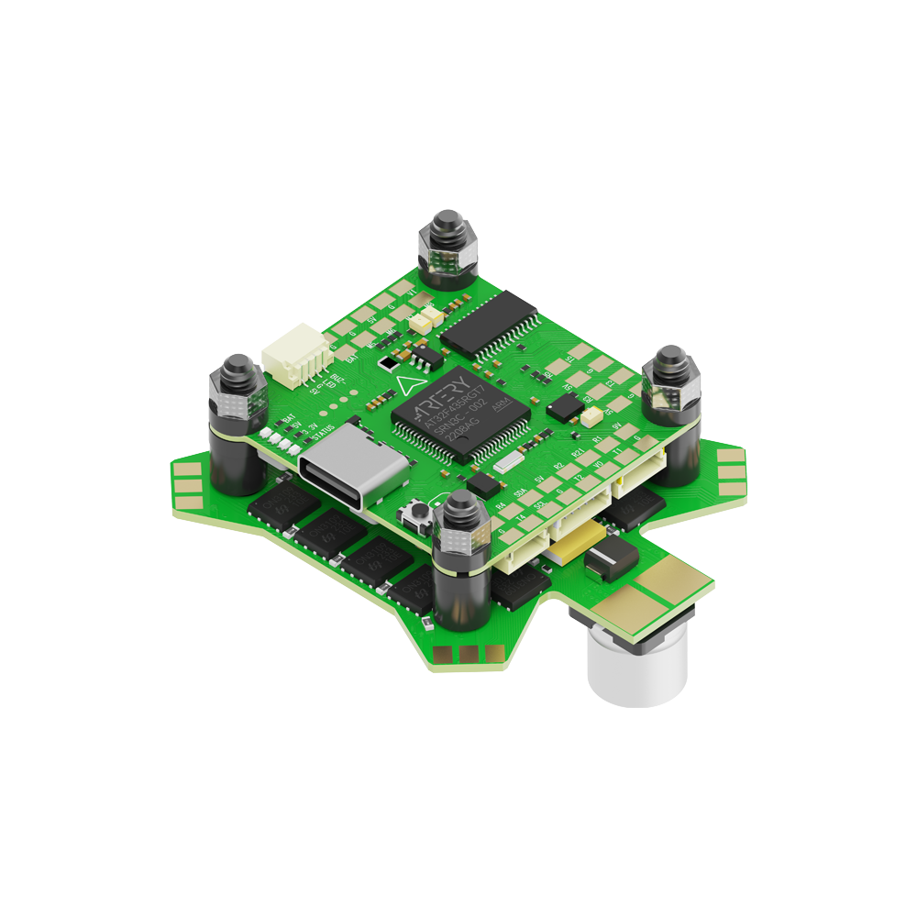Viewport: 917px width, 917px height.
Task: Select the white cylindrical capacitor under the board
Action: point(636,663)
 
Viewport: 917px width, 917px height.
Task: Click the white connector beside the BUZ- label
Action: point(290,360)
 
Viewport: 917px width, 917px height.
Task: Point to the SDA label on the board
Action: point(520,492)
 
